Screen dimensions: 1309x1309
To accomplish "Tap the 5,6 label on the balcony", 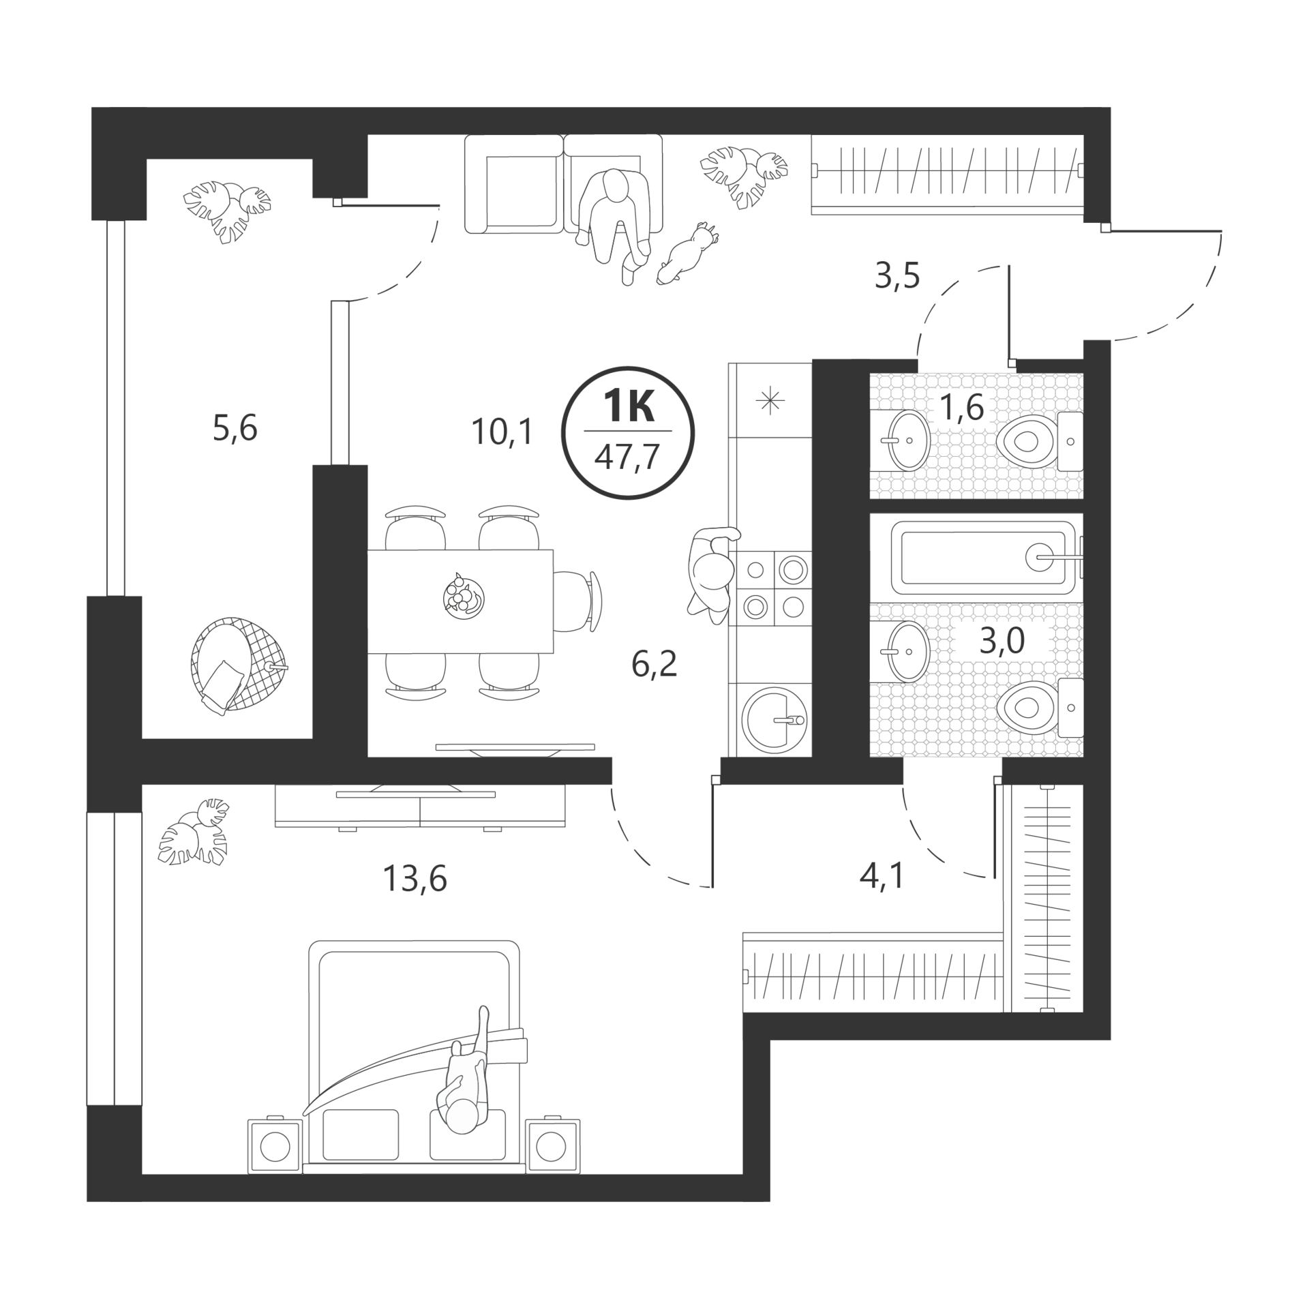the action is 235,429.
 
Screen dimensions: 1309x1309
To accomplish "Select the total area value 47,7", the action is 627,457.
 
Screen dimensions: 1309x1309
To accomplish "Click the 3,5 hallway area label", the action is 898,276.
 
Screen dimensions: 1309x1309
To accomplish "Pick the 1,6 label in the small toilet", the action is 961,408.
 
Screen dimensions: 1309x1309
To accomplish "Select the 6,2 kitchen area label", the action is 654,664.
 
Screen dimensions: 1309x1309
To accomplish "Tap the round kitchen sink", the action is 774,719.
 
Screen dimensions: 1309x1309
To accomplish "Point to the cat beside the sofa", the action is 687,253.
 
